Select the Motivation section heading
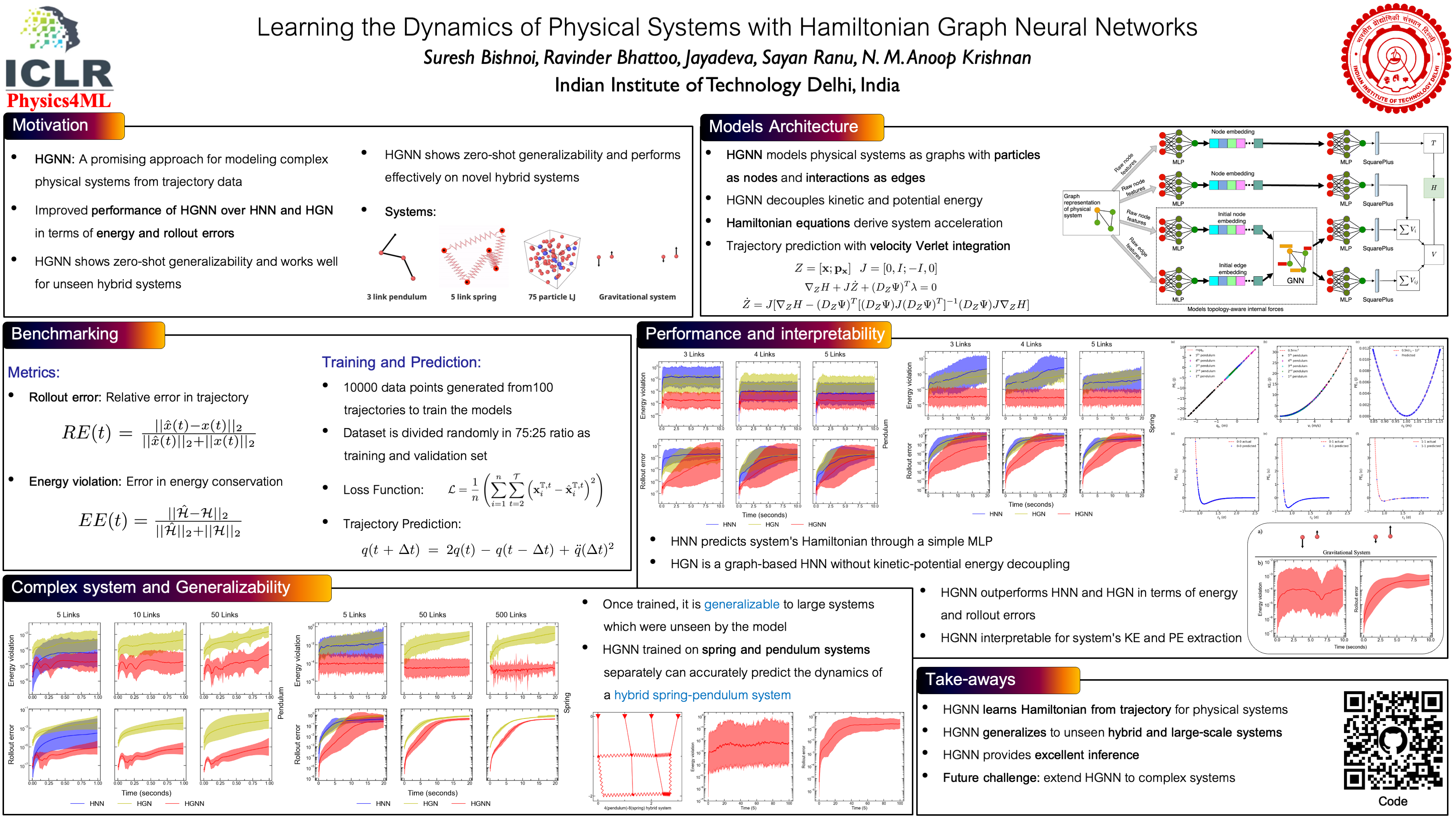tap(51, 126)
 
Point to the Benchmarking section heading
tap(65, 334)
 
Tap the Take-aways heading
tap(970, 679)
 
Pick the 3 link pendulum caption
tap(396, 297)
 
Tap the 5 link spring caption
tap(473, 297)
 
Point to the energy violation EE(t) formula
tap(160, 521)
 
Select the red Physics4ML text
tap(59, 100)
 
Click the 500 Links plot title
tap(511, 615)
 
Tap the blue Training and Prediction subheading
tap(401, 362)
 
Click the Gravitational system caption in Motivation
tap(637, 297)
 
